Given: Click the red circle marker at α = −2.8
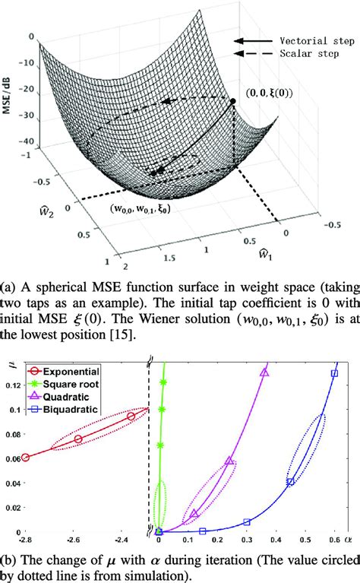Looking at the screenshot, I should tap(25, 458).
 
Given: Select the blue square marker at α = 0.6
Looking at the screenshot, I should tap(334, 373).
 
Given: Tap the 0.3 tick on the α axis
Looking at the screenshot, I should tap(247, 541).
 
